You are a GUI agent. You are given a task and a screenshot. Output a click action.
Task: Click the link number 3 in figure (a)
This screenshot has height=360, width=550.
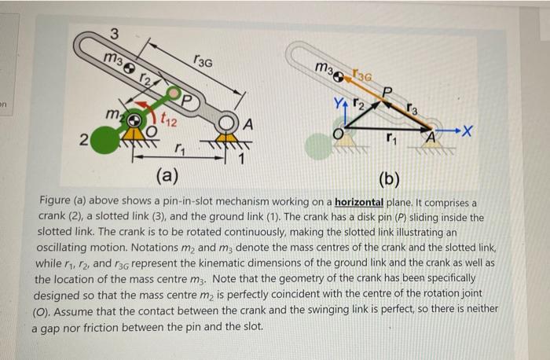pos(115,34)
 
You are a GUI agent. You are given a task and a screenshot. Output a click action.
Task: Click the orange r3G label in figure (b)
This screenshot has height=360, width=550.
pos(362,75)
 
